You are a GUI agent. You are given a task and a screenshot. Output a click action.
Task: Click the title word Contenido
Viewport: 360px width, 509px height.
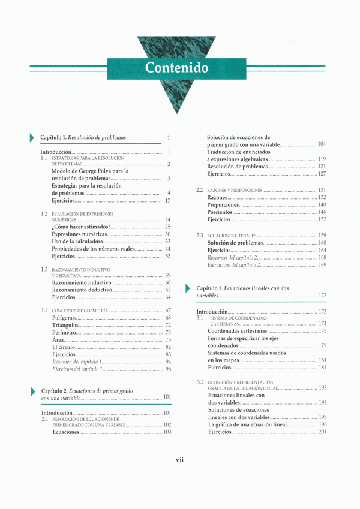(x=176, y=68)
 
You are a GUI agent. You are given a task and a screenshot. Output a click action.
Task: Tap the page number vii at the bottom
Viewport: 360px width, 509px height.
(x=179, y=460)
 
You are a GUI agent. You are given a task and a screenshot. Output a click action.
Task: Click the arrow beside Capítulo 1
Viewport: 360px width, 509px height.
(x=32, y=138)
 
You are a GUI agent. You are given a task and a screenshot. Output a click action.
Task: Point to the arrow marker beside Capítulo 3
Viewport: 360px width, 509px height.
(x=189, y=288)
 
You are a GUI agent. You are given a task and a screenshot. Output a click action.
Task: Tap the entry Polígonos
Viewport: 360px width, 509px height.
(x=64, y=318)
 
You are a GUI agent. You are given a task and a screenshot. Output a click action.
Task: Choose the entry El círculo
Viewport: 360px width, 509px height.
(x=65, y=347)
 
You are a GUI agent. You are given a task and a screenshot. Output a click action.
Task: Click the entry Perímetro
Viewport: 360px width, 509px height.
(x=64, y=332)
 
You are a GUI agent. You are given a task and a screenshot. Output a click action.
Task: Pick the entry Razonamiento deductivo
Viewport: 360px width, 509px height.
(x=82, y=290)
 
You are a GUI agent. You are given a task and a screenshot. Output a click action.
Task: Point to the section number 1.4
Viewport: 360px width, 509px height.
(x=44, y=311)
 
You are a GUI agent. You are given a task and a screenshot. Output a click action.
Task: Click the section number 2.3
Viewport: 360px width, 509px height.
(x=200, y=236)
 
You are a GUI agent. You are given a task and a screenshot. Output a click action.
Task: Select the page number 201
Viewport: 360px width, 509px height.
(x=322, y=432)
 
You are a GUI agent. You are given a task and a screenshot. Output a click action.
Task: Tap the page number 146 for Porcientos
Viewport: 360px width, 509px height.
(x=322, y=212)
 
